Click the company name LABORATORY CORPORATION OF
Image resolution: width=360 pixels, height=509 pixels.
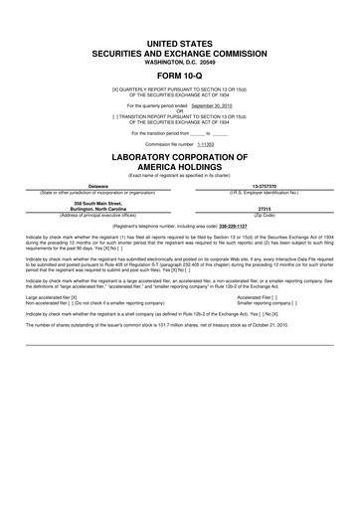coord(179,158)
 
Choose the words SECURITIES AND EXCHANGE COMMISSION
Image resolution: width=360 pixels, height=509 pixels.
coord(179,48)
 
